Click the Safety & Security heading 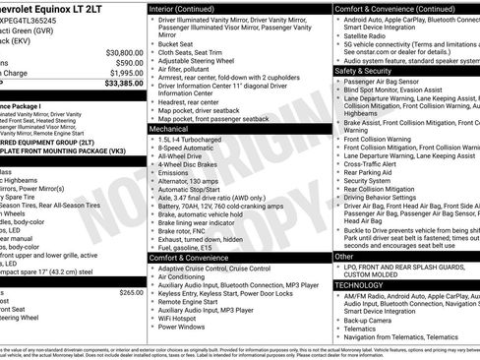click(364, 71)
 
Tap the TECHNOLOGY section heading click(360, 284)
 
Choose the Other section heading click(344, 256)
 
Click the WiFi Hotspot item click(182, 318)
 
